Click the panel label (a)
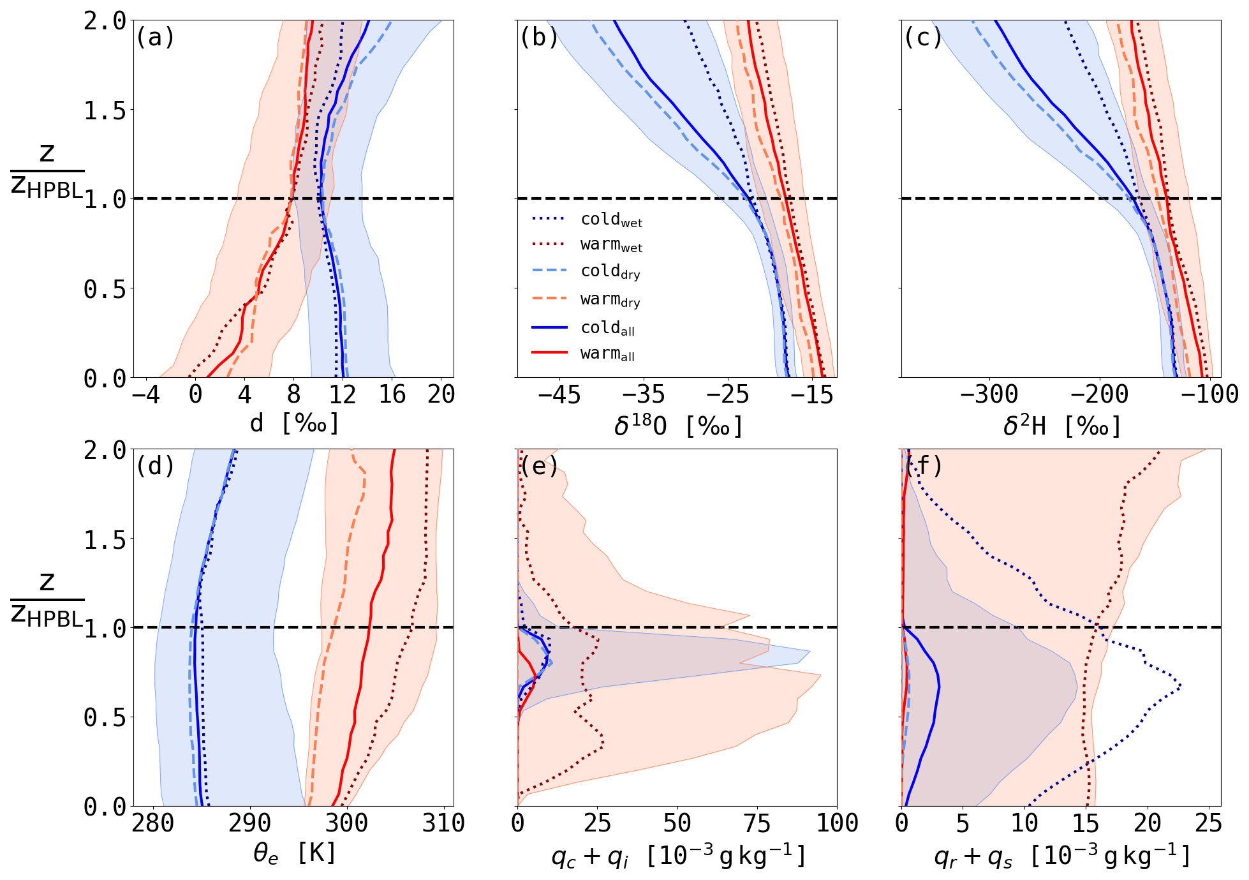click(x=155, y=38)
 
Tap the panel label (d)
click(x=155, y=467)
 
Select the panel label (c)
click(x=922, y=38)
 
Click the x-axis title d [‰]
click(x=294, y=424)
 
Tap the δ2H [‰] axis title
click(x=1061, y=426)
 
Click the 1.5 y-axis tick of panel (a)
click(x=105, y=111)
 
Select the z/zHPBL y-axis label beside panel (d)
click(x=47, y=600)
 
